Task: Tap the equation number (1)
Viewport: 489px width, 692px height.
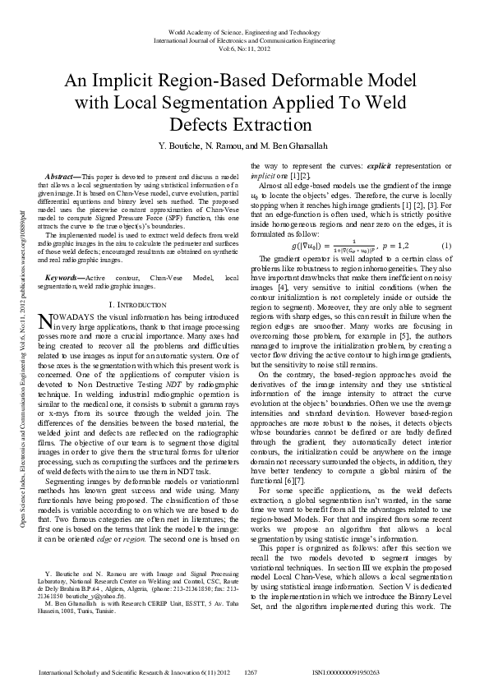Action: tap(446, 246)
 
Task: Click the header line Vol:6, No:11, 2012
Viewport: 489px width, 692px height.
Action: tap(243, 49)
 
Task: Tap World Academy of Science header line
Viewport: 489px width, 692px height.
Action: tap(243, 31)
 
